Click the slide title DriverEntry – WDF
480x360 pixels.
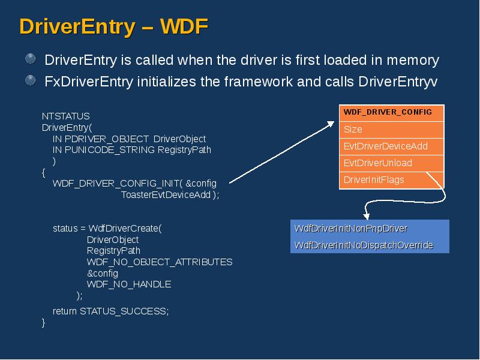pyautogui.click(x=113, y=26)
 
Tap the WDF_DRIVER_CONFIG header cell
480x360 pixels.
pyautogui.click(x=388, y=112)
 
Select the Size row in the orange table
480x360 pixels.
pyautogui.click(x=353, y=129)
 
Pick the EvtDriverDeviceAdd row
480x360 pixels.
pyautogui.click(x=385, y=146)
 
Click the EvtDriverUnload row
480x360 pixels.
pyautogui.click(x=377, y=163)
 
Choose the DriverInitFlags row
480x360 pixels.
pyautogui.click(x=374, y=179)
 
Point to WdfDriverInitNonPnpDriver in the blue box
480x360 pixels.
pyautogui.click(x=351, y=229)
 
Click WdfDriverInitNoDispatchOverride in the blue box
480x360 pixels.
pyautogui.click(x=364, y=245)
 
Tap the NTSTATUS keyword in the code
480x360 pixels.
pyautogui.click(x=65, y=116)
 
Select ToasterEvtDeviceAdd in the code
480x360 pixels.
pyautogui.click(x=166, y=194)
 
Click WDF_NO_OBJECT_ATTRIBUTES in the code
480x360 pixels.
pyautogui.click(x=160, y=262)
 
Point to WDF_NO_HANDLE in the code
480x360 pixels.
pyautogui.click(x=129, y=284)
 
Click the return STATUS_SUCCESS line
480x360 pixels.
pyautogui.click(x=111, y=311)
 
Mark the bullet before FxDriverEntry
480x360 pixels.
pyautogui.click(x=31, y=80)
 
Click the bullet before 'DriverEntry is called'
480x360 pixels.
pyautogui.click(x=31, y=59)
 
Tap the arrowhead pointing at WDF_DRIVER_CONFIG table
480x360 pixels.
pyautogui.click(x=331, y=124)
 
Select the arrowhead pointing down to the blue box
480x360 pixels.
pyautogui.click(x=367, y=215)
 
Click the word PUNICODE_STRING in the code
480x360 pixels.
pyautogui.click(x=110, y=149)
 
